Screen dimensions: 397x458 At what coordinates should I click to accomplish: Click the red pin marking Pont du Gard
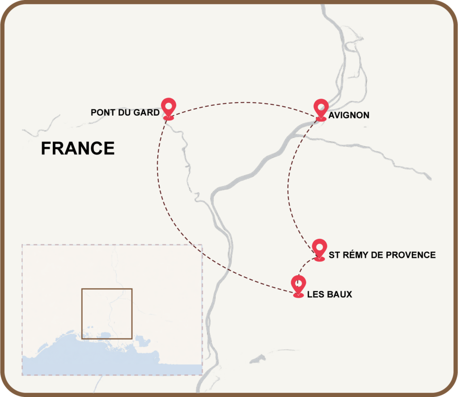click(169, 108)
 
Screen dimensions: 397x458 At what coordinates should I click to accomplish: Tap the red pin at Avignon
click(321, 109)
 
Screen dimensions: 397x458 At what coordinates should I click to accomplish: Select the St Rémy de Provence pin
click(319, 248)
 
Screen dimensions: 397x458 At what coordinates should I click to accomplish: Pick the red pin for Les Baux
click(298, 285)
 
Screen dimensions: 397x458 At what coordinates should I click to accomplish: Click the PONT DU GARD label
click(125, 113)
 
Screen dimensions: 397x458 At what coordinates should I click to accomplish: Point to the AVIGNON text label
click(349, 115)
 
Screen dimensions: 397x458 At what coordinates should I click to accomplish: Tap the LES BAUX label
click(330, 294)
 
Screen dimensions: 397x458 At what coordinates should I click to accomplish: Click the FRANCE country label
click(77, 148)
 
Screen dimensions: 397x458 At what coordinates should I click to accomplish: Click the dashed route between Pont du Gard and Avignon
click(244, 104)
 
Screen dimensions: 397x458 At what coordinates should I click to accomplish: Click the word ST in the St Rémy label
click(334, 255)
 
